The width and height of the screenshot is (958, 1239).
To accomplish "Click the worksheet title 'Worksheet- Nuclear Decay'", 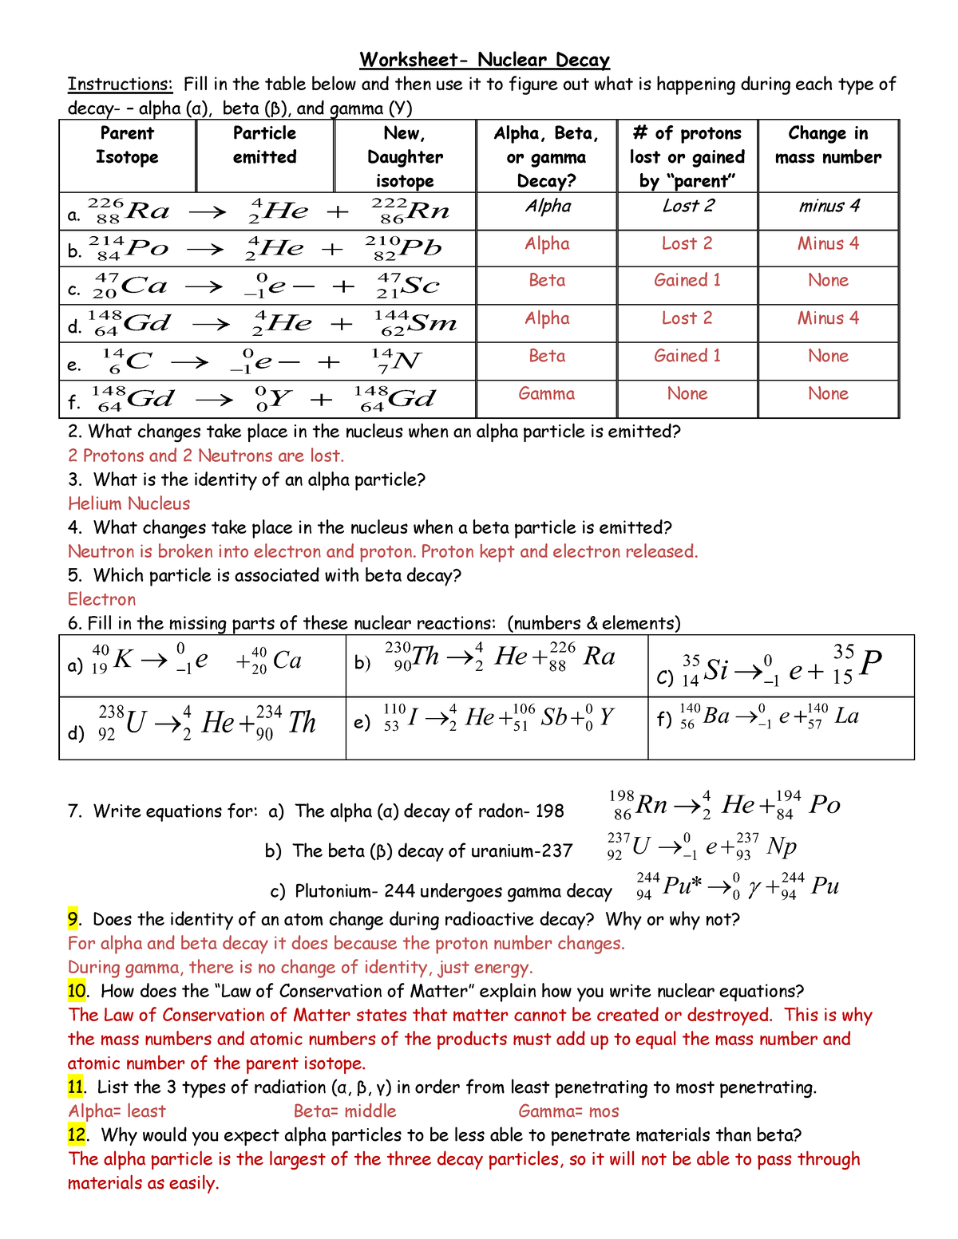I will [x=485, y=60].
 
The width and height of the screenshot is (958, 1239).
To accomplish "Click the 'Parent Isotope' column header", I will [x=127, y=145].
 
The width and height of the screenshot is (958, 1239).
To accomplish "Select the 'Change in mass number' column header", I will [x=828, y=145].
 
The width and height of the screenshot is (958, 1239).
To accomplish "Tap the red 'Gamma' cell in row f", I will [x=546, y=393].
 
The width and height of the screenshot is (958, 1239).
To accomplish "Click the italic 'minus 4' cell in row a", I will [x=829, y=206].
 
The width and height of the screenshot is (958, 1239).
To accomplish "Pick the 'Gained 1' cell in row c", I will [x=687, y=280].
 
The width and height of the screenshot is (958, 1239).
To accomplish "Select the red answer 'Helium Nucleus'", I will [x=129, y=503].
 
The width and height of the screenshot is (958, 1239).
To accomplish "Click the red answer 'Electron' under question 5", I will [x=101, y=599].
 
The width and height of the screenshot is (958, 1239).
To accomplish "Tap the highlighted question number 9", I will [x=73, y=919].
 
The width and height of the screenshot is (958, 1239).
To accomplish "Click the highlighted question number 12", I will [x=76, y=1134].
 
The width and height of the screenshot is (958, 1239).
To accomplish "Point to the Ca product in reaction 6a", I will [x=287, y=661].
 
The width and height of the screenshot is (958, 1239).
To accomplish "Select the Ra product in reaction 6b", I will [x=599, y=657].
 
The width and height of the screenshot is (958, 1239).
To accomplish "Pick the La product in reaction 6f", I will [x=846, y=716].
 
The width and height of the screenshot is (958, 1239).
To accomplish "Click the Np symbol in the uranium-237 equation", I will [x=782, y=846].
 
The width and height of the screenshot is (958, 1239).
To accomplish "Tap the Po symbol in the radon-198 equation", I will [x=824, y=804].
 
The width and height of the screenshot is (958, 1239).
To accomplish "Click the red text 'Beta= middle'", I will [x=345, y=1111].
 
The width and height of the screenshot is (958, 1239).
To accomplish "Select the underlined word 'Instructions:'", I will [x=120, y=85].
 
